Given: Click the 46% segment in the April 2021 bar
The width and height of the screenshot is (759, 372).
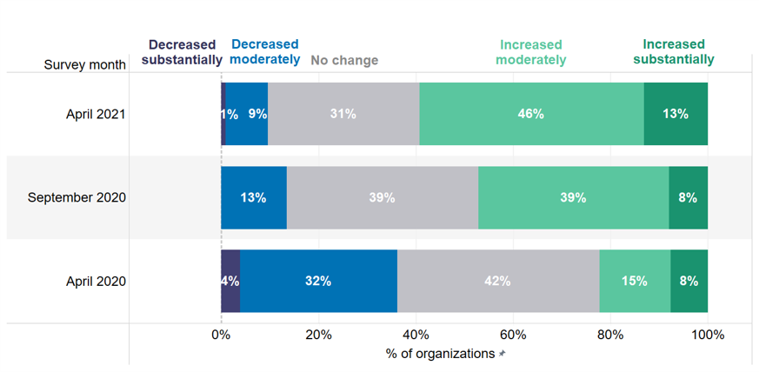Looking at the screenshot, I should pos(531,114).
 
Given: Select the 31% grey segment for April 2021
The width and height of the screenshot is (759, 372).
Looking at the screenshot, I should pos(343,114).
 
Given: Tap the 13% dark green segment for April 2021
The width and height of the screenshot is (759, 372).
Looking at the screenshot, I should pos(676,114).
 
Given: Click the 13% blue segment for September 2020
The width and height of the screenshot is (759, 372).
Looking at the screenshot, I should pos(254,197).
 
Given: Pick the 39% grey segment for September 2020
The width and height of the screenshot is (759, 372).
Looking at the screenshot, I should pos(383,197).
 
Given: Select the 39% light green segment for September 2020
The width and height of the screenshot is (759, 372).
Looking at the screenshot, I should pos(574,197).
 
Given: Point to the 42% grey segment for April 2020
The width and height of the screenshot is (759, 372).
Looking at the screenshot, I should pos(498,281).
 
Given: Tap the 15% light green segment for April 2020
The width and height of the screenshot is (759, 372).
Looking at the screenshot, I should pos(635,281).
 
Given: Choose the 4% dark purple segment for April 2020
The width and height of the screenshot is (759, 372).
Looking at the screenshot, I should pos(230,281).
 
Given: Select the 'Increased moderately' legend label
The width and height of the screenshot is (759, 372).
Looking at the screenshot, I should pos(530,52).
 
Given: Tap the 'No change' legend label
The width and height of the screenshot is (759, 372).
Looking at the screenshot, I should pos(344,60).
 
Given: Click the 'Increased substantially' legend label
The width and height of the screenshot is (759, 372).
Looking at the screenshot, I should pos(674,52).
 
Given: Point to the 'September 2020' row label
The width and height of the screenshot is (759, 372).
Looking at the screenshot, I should pos(77,197).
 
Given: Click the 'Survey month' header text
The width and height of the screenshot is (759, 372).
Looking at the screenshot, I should pos(84,65).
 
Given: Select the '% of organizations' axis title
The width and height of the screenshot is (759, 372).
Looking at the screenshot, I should pos(440,354).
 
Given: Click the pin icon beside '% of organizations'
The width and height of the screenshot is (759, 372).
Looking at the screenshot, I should pos(502,354).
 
